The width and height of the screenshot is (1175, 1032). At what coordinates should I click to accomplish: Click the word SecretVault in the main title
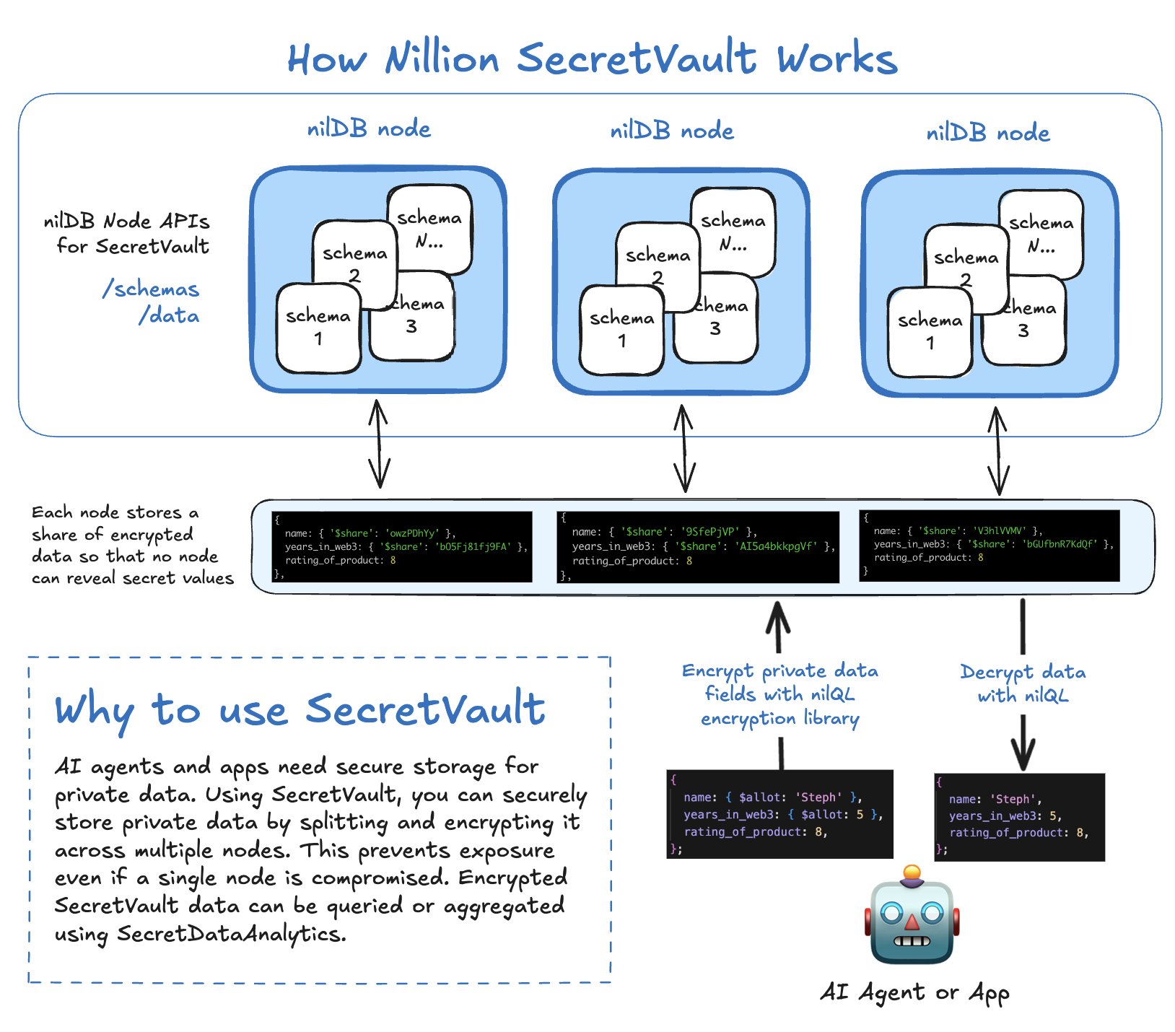click(x=637, y=58)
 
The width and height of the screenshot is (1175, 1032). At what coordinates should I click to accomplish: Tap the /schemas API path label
click(x=151, y=289)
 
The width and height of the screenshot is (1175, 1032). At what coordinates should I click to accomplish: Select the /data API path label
click(x=170, y=316)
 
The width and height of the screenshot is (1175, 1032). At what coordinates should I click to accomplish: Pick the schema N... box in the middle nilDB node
click(x=733, y=232)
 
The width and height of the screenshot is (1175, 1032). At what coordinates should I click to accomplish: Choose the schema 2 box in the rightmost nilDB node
click(x=966, y=267)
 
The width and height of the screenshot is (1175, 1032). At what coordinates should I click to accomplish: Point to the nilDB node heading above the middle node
click(x=672, y=131)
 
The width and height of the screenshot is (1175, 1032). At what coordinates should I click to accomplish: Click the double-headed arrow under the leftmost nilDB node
click(x=378, y=445)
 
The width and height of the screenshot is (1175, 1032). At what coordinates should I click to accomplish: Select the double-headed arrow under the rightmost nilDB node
click(x=998, y=451)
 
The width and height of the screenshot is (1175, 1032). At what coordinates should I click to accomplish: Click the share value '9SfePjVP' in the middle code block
click(x=710, y=532)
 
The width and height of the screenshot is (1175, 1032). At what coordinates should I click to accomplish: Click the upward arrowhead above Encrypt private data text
click(x=777, y=615)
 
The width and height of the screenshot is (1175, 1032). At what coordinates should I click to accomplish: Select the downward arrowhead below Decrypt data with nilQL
click(x=1023, y=755)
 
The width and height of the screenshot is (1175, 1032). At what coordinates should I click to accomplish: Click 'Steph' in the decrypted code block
click(x=1013, y=800)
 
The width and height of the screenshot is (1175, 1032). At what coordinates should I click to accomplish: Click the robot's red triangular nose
click(x=912, y=922)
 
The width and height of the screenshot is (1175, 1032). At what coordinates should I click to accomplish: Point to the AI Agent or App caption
click(x=914, y=993)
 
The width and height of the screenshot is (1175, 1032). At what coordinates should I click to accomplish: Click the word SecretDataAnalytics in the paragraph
click(x=231, y=934)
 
